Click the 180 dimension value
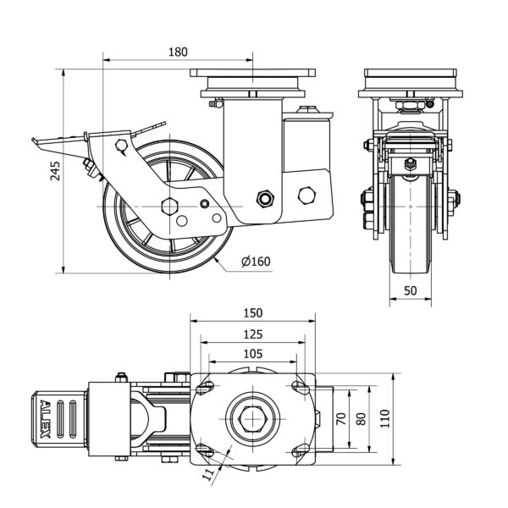[178, 51]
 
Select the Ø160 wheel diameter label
[255, 261]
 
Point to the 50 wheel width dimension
[411, 290]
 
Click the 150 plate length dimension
[253, 312]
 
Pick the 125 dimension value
[253, 333]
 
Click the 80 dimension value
[362, 417]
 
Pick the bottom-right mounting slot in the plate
[301, 449]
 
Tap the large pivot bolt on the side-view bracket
[265, 199]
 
